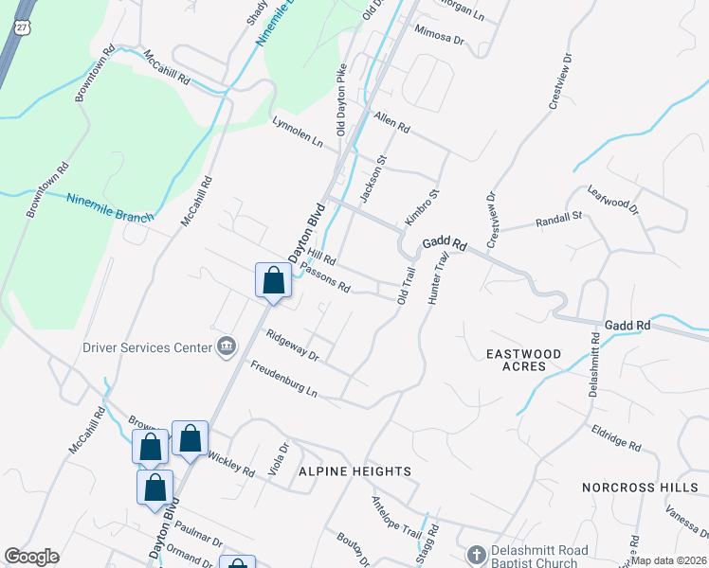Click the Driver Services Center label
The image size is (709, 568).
[147, 346]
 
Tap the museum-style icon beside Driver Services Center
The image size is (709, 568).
[226, 346]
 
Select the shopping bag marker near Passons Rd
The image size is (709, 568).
[273, 281]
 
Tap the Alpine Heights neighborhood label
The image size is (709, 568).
[354, 470]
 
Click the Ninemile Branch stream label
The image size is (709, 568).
[109, 207]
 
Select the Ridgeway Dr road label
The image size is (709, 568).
[293, 345]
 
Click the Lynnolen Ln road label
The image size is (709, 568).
[297, 133]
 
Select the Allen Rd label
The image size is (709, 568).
[391, 123]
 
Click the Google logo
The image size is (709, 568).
[32, 557]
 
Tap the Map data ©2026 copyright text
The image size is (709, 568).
[668, 560]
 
